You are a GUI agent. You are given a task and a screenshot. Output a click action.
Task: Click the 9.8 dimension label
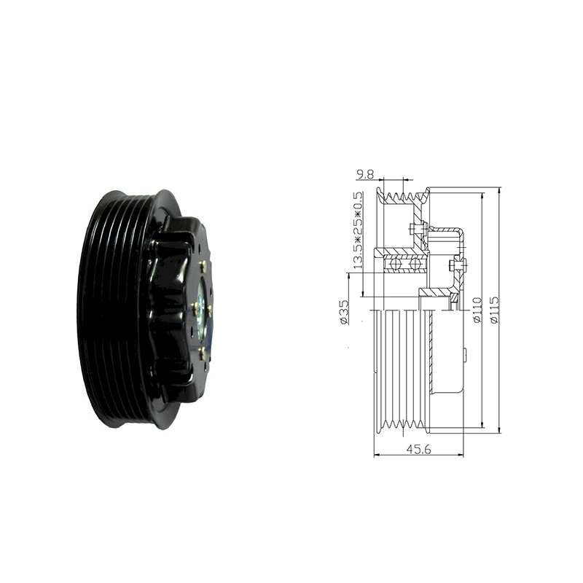(365, 174)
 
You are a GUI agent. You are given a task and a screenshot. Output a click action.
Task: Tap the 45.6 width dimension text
(418, 449)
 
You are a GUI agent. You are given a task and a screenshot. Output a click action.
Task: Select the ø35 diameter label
(344, 312)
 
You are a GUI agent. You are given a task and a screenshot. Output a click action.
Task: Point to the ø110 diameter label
(477, 310)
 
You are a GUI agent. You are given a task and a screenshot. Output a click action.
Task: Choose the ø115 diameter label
(495, 310)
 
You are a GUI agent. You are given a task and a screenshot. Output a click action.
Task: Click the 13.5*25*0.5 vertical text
(358, 230)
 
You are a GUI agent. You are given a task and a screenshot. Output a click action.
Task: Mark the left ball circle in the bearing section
(395, 264)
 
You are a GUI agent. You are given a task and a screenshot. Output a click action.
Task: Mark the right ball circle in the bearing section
(414, 264)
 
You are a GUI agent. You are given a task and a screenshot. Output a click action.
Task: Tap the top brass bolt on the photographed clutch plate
(203, 266)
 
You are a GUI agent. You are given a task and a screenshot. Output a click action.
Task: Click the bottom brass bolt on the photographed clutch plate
(203, 353)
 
